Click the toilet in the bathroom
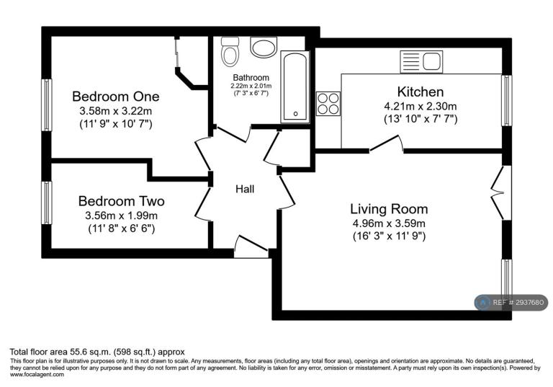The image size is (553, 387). [x=230, y=52]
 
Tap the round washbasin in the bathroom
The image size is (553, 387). [x=264, y=47]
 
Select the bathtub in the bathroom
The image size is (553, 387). [x=295, y=87]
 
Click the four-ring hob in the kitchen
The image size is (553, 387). [x=328, y=104]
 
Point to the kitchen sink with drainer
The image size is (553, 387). [x=421, y=62]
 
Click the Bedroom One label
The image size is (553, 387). [x=116, y=97]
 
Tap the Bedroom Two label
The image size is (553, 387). [x=121, y=201]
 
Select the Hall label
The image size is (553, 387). [x=245, y=190]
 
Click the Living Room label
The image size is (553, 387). [x=389, y=209]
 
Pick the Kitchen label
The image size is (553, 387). [x=421, y=92]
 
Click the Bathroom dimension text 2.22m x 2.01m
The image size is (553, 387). [x=251, y=86]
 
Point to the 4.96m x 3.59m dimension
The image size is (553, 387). [x=389, y=223]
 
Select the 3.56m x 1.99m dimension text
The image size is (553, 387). [x=121, y=215]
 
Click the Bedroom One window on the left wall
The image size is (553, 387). [x=47, y=105]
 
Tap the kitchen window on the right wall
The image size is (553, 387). [x=506, y=100]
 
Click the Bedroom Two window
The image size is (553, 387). [x=47, y=203]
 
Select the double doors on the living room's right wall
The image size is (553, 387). [x=501, y=193]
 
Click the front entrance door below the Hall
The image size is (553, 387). [x=251, y=247]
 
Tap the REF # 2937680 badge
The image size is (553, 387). [x=511, y=303]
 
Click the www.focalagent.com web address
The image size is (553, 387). [x=37, y=375]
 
